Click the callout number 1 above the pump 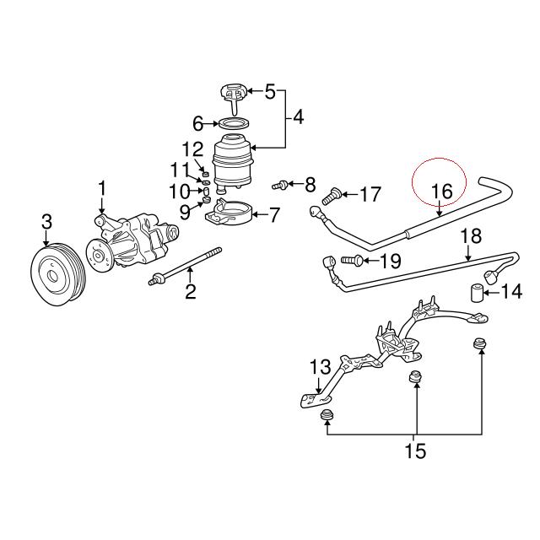(103, 187)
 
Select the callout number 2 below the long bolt (191, 292)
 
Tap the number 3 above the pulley (46, 222)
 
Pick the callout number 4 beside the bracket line (299, 117)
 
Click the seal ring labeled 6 (234, 124)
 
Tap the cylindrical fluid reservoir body (234, 165)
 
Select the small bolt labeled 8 (280, 183)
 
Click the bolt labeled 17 (331, 196)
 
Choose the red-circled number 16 (442, 191)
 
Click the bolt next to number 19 (354, 260)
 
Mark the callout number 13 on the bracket (320, 367)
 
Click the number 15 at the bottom (415, 451)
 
